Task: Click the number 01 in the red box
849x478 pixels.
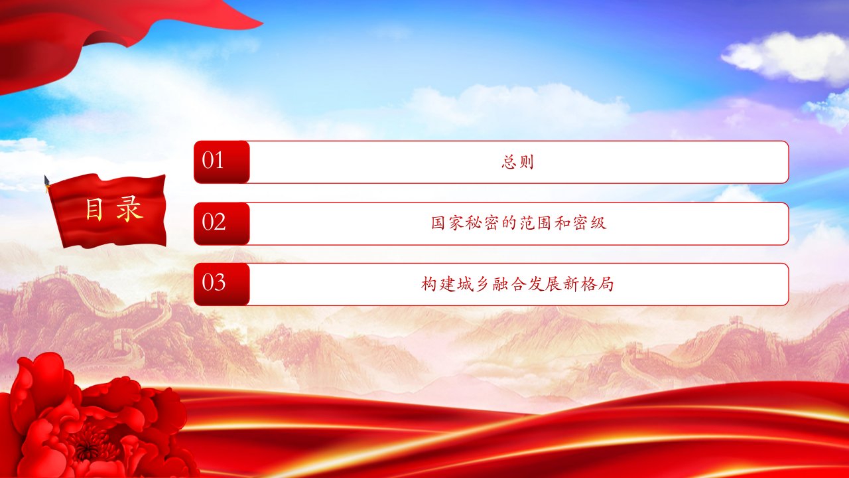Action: pos(213,160)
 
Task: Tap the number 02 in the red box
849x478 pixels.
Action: pos(214,222)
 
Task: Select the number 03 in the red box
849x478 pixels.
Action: pos(214,282)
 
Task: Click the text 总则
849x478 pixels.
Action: pos(518,161)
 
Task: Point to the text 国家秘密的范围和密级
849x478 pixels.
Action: pos(519,223)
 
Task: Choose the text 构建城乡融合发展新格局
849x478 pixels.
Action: pos(517,283)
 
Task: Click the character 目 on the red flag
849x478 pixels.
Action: pos(94,209)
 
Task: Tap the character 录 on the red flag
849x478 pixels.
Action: pos(129,209)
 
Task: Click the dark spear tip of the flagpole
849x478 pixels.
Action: pos(46,181)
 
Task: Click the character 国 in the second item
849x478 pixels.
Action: pos(438,223)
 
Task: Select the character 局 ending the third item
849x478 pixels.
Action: pos(606,283)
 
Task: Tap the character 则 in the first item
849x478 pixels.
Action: pos(527,162)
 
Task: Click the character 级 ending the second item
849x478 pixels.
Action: pos(598,223)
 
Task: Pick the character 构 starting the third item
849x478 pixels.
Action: pos(428,283)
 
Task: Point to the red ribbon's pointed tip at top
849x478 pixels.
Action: pos(262,23)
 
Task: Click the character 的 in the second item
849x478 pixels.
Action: pos(509,223)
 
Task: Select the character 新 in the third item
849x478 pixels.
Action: pos(571,283)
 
